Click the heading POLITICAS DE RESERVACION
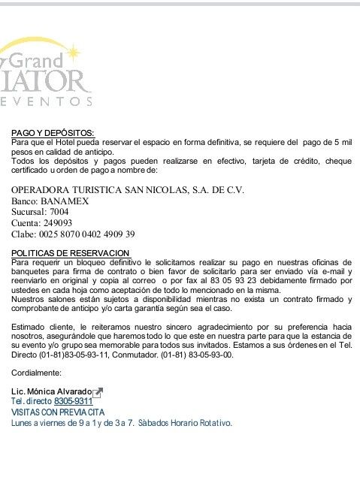click(x=71, y=253)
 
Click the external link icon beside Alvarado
click(x=98, y=392)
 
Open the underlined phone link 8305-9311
click(x=73, y=403)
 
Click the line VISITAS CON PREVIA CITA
click(x=58, y=412)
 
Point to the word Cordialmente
click(x=37, y=373)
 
